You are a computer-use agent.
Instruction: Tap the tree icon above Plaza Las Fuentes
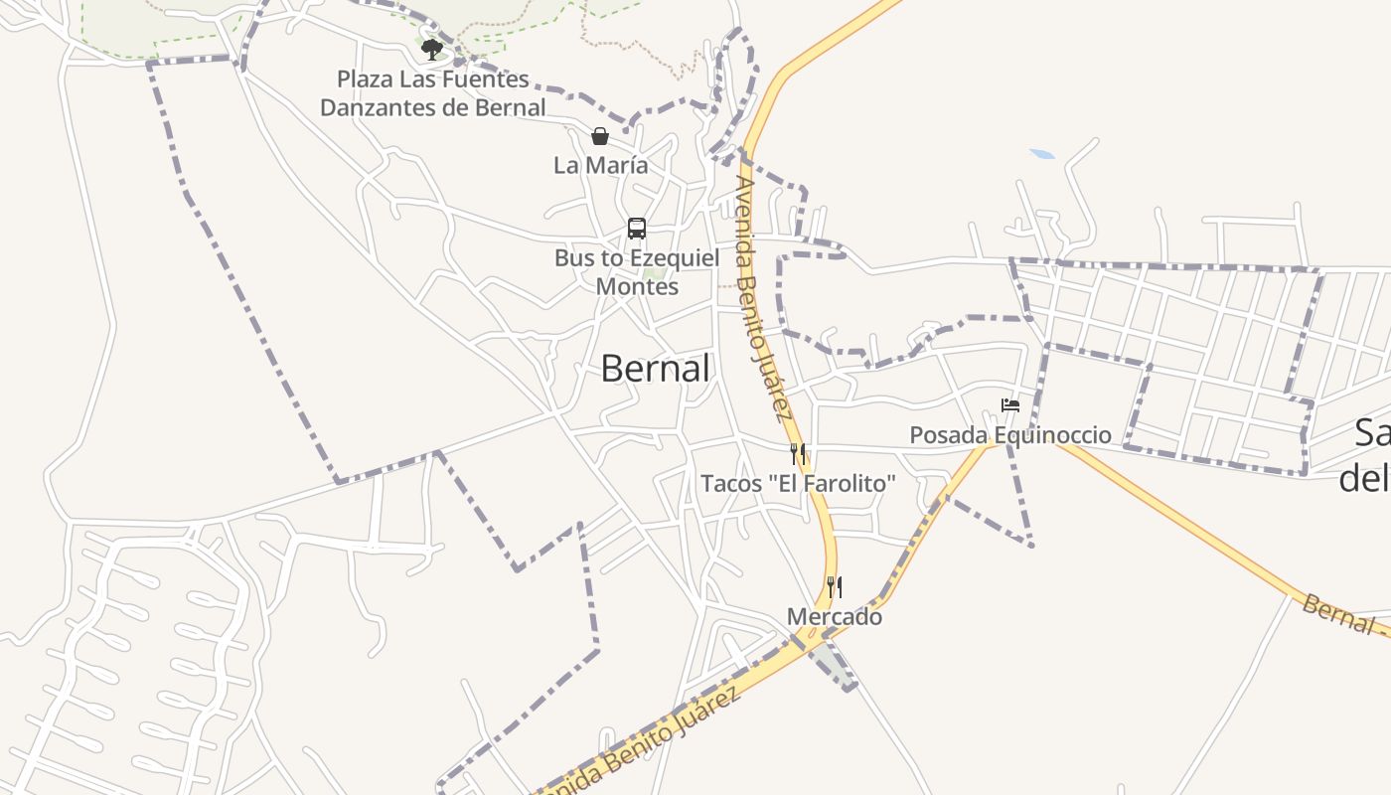coord(431,49)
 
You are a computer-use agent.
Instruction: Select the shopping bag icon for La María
coord(599,136)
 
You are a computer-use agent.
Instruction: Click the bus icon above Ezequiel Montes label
coord(637,229)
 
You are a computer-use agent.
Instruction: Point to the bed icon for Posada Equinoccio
coord(1010,405)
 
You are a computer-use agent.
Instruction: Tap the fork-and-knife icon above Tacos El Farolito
coord(798,455)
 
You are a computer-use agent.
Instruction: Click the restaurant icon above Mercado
coord(835,587)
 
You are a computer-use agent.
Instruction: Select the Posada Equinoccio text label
coord(1010,435)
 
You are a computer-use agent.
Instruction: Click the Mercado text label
coord(835,617)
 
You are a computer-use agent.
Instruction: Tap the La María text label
coord(600,165)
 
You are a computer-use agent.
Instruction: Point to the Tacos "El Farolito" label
coord(798,484)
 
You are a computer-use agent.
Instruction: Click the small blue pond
coord(1042,154)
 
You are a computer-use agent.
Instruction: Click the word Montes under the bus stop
coord(637,286)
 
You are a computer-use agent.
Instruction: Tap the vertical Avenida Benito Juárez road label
coord(763,298)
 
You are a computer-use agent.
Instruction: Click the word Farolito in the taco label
coord(850,484)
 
